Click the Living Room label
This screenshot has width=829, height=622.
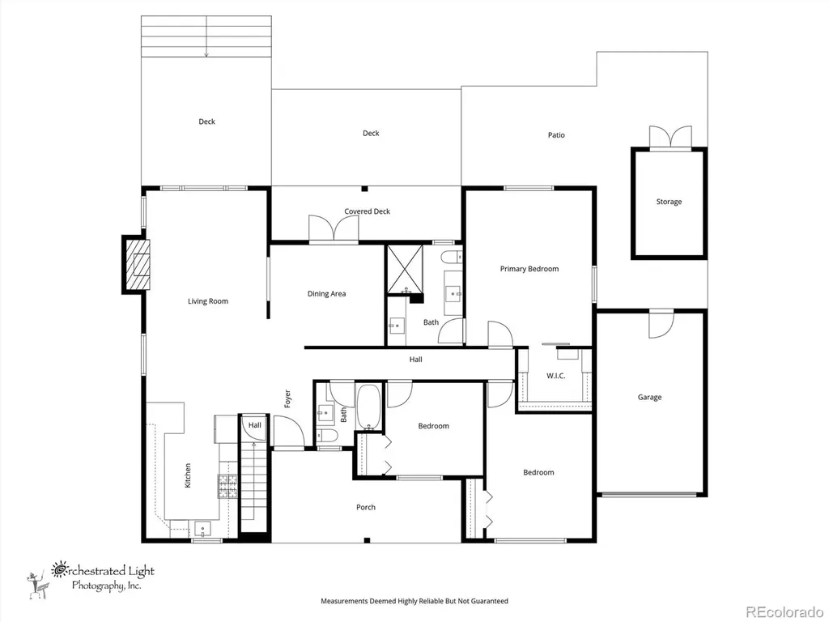point(208,301)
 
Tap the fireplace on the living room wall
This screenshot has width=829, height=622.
point(136,265)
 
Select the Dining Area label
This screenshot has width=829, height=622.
point(326,293)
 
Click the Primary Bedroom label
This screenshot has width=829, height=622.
point(529,269)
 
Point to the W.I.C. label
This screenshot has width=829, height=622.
point(555,376)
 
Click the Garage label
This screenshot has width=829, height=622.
point(649,397)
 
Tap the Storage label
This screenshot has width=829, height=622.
point(669,202)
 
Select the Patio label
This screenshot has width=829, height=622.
point(556,135)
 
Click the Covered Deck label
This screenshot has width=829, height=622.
point(367,211)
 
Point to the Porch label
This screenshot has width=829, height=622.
point(365,507)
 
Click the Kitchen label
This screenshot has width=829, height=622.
point(187,475)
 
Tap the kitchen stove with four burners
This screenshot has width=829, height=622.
point(227,486)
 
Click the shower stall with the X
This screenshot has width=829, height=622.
point(405,269)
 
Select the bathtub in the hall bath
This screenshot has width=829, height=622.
point(368,407)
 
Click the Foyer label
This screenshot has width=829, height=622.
point(287,398)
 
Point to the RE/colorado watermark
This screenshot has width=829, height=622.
point(784,611)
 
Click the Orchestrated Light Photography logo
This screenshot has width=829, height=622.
point(90,578)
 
